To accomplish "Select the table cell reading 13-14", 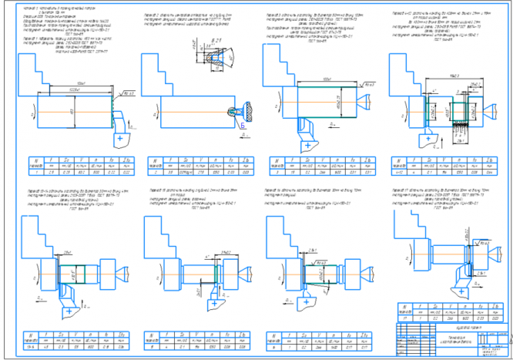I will (x=29, y=348).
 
